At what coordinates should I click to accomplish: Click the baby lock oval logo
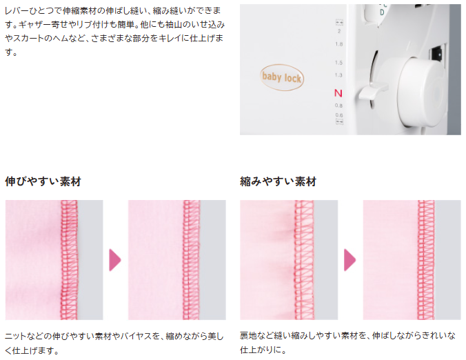[282, 77]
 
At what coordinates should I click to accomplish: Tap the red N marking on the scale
[338, 93]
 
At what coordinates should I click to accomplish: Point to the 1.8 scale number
[338, 44]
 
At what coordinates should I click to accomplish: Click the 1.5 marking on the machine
[338, 63]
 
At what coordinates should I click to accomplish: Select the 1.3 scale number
[338, 75]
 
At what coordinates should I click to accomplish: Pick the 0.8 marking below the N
[338, 106]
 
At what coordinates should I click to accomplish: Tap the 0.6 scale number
[338, 114]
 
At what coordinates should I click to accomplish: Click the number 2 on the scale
[339, 31]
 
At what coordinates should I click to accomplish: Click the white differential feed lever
[373, 90]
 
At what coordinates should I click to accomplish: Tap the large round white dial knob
[422, 92]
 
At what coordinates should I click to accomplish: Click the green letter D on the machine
[382, 12]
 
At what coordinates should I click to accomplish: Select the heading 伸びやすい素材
[43, 181]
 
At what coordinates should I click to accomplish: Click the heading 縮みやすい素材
[278, 181]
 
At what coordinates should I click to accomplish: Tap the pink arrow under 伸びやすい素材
[114, 260]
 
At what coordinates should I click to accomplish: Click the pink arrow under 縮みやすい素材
[349, 260]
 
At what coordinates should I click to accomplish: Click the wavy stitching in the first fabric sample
[69, 260]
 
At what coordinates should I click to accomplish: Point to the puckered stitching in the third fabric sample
[304, 260]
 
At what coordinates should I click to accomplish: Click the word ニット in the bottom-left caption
[15, 337]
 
